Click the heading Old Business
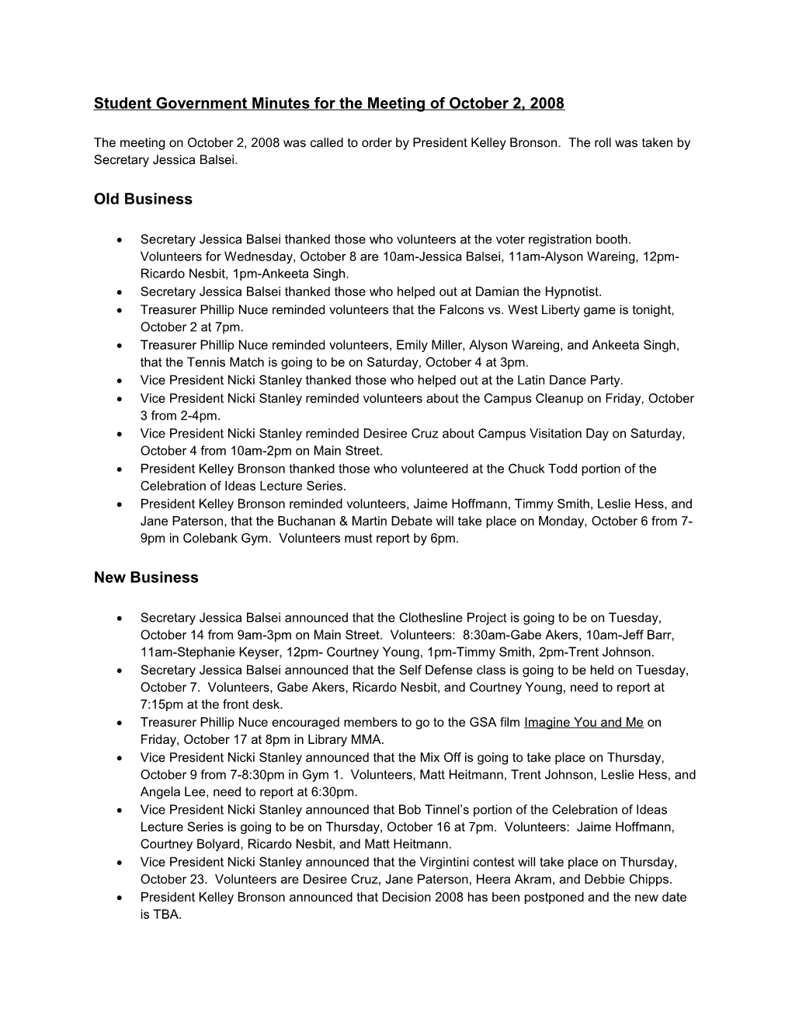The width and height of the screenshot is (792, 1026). (x=143, y=200)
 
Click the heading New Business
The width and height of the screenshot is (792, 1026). (x=146, y=578)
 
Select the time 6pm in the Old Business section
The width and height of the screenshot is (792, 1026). (x=444, y=538)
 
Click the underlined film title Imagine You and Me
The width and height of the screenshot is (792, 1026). (x=583, y=723)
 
